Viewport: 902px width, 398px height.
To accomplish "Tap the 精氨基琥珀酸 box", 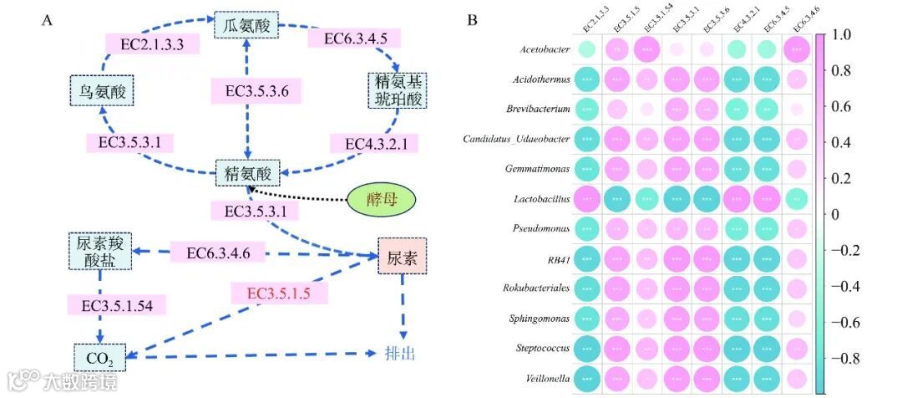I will [391, 91].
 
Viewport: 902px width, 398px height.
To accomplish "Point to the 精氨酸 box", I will [247, 174].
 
